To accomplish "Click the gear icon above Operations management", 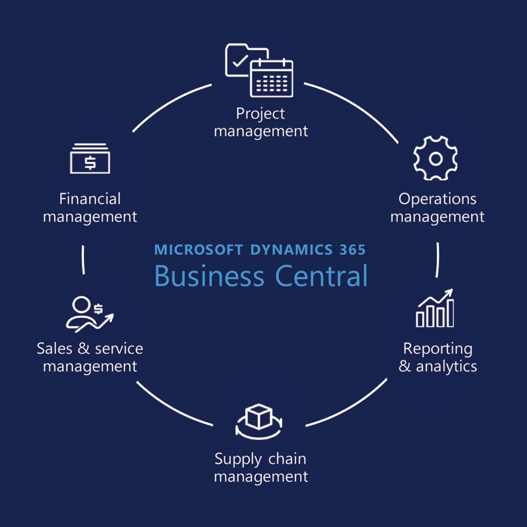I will tap(435, 159).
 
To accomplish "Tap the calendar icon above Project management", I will tap(271, 78).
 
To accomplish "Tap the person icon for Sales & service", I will tap(82, 312).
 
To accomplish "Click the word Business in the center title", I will tap(209, 276).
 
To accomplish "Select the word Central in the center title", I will tap(321, 276).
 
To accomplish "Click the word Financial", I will tap(90, 199).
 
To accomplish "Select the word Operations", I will tap(437, 199).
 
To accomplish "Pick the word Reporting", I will tap(438, 348).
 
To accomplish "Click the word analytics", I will tap(446, 366).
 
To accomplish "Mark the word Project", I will tap(261, 113).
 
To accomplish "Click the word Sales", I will tap(55, 348).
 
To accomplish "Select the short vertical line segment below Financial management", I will tap(83, 260).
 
